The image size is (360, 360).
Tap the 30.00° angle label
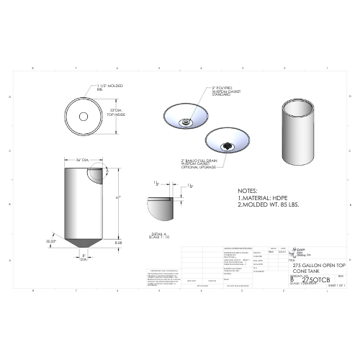pos(50,241)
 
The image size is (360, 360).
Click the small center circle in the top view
pos(84,116)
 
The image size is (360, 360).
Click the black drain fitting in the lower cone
pos(230,145)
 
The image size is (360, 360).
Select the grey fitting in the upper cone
pos(186,122)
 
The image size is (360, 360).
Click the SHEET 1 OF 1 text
pos(337,286)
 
